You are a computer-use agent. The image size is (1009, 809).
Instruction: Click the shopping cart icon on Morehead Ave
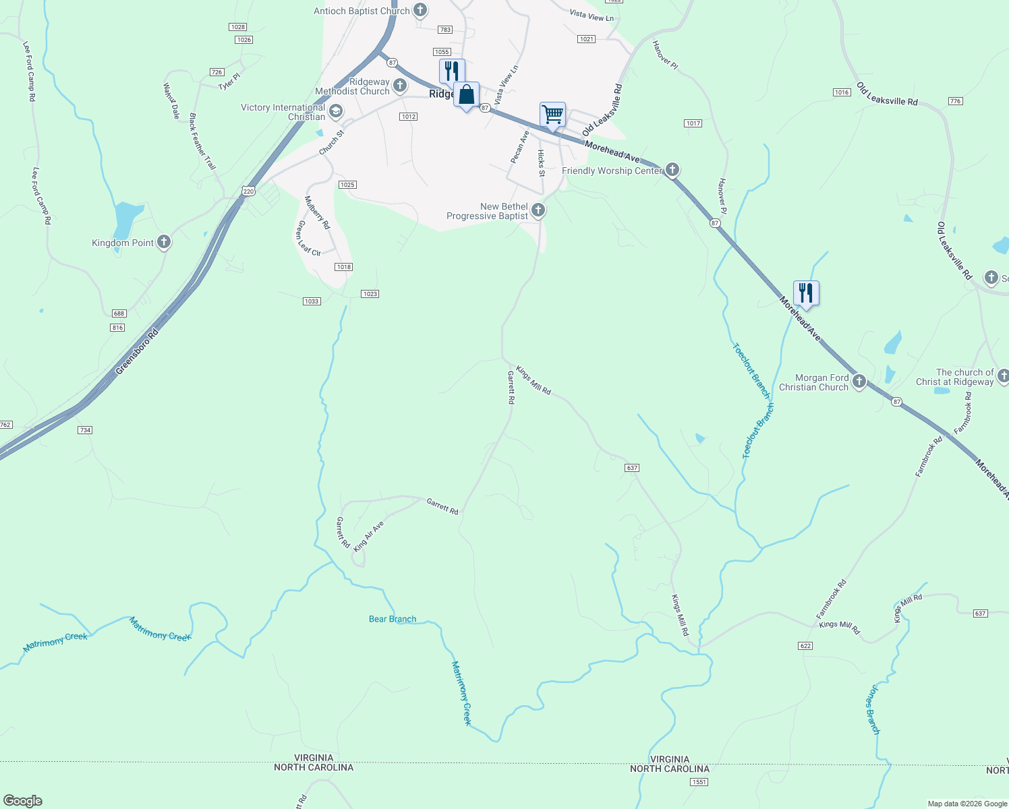coord(552,115)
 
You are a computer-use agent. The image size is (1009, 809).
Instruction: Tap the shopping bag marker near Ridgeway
coord(466,95)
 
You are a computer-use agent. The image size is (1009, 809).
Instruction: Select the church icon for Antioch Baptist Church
coord(420,10)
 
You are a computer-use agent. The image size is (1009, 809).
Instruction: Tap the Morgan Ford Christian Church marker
coord(859,382)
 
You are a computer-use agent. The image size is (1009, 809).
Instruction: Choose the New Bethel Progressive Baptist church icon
coord(538,210)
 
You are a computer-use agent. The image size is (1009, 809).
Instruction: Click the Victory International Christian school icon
coord(335,111)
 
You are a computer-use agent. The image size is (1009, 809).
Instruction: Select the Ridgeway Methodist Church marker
coord(400,85)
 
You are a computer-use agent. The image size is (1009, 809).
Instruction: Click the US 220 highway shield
coord(249,191)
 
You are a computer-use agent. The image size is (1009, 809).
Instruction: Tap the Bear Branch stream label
coord(393,619)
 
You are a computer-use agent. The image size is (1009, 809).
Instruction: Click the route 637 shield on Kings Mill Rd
coord(632,468)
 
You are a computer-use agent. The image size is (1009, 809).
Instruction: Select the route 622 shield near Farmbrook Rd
coord(805,646)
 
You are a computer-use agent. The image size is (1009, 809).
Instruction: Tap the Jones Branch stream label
coord(872,709)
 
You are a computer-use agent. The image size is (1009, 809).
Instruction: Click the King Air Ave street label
coord(368,536)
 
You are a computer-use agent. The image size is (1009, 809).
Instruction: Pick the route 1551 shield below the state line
coord(698,782)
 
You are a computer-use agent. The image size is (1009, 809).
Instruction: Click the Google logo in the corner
coord(23,801)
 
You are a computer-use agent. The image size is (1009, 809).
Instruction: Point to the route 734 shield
coord(84,430)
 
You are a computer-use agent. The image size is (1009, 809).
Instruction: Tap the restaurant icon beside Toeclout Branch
coord(806,293)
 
